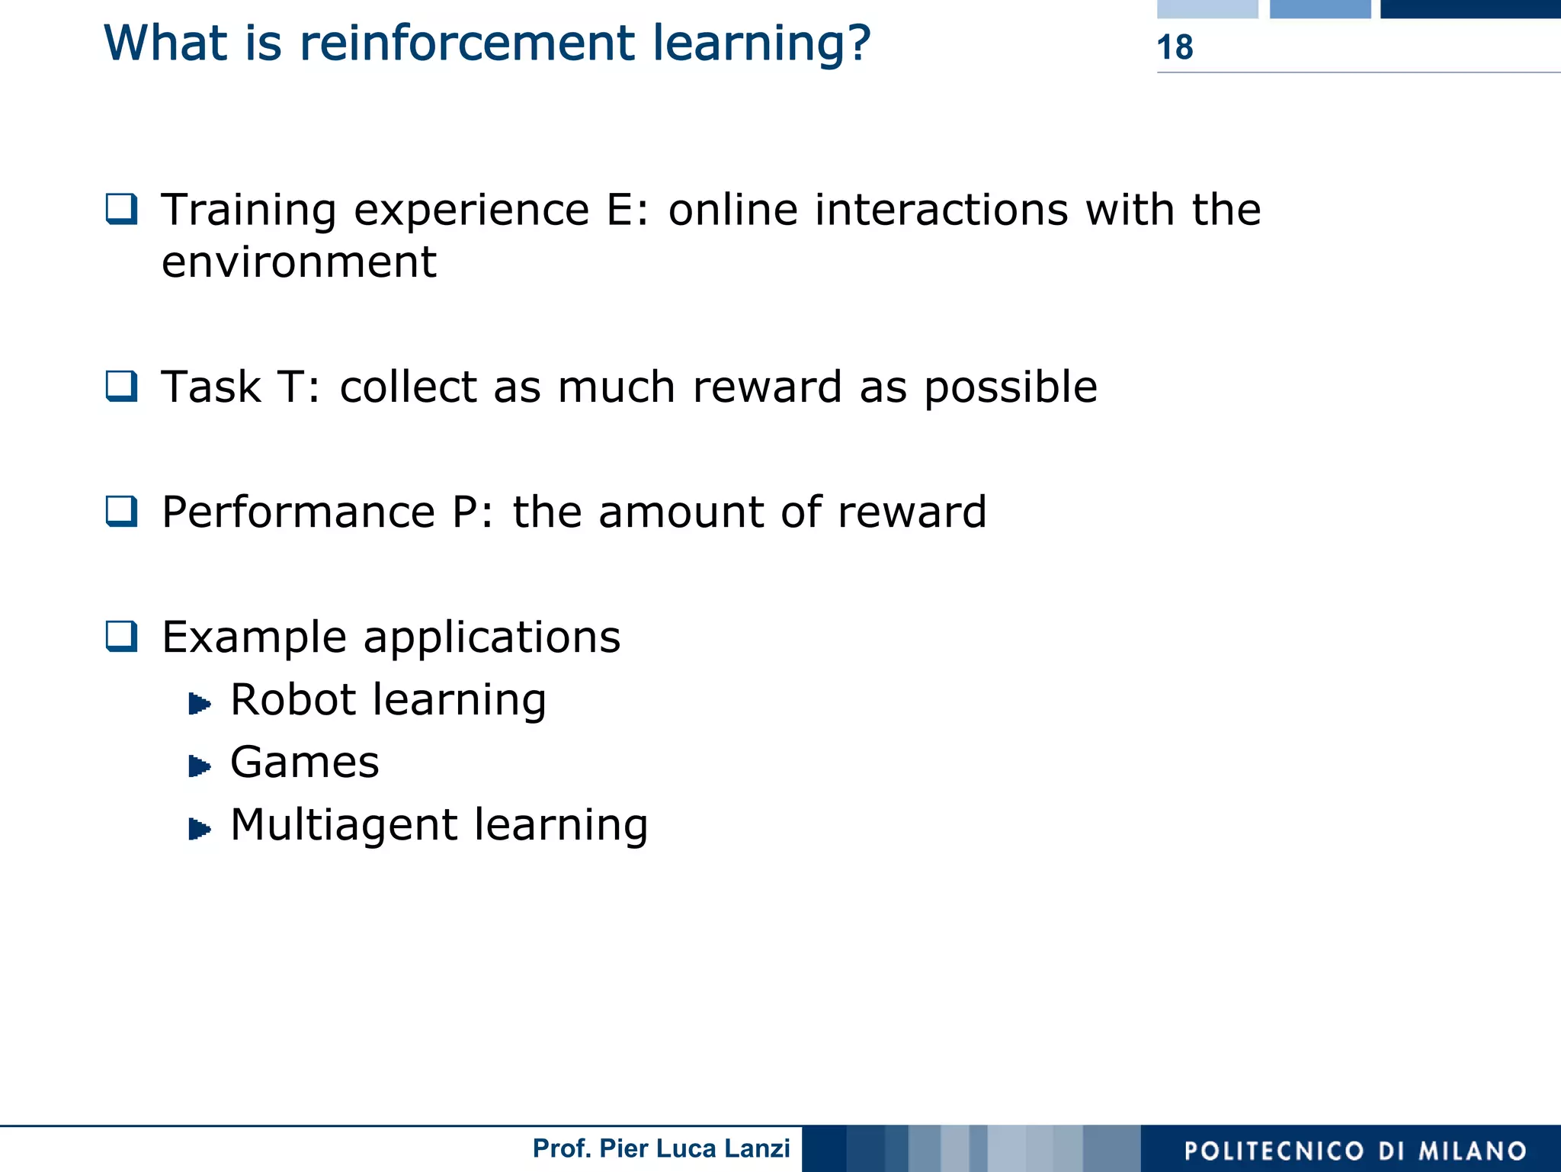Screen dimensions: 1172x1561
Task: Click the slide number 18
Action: pyautogui.click(x=1175, y=47)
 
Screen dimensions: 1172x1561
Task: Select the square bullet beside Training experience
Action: pyautogui.click(x=122, y=209)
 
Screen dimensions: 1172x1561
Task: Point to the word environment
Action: pyautogui.click(x=299, y=262)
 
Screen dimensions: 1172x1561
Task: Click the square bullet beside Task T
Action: pyautogui.click(x=122, y=386)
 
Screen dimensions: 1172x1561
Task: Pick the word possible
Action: pyautogui.click(x=1011, y=387)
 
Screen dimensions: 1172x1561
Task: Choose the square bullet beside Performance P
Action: pyautogui.click(x=122, y=511)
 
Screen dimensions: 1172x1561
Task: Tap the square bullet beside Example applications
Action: pyautogui.click(x=122, y=636)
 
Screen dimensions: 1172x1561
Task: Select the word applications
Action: pyautogui.click(x=492, y=637)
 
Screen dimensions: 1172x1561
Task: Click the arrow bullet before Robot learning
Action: pyautogui.click(x=200, y=703)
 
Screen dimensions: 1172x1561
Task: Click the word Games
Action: pyautogui.click(x=304, y=762)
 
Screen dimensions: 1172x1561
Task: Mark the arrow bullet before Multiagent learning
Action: pyautogui.click(x=200, y=828)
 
